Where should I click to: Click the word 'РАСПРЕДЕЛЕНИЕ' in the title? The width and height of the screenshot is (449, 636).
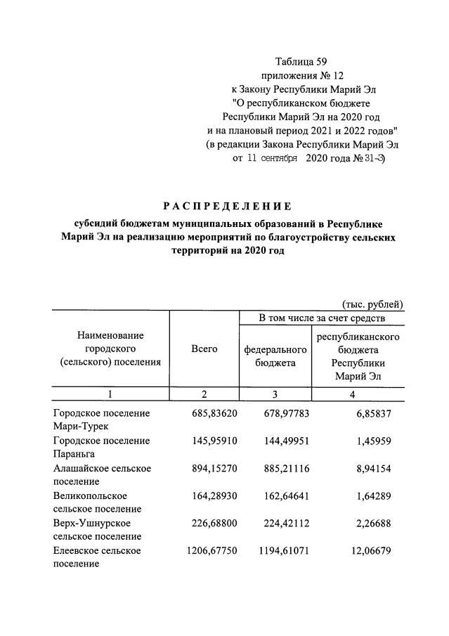[x=227, y=206]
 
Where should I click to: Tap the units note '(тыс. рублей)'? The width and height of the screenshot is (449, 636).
[x=372, y=304]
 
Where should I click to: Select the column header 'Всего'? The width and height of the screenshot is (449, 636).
[x=204, y=349]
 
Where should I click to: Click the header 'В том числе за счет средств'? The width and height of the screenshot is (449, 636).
[x=322, y=319]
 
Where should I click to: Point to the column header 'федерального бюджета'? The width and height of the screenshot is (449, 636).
[x=275, y=356]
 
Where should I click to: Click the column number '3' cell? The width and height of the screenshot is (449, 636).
[x=275, y=394]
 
